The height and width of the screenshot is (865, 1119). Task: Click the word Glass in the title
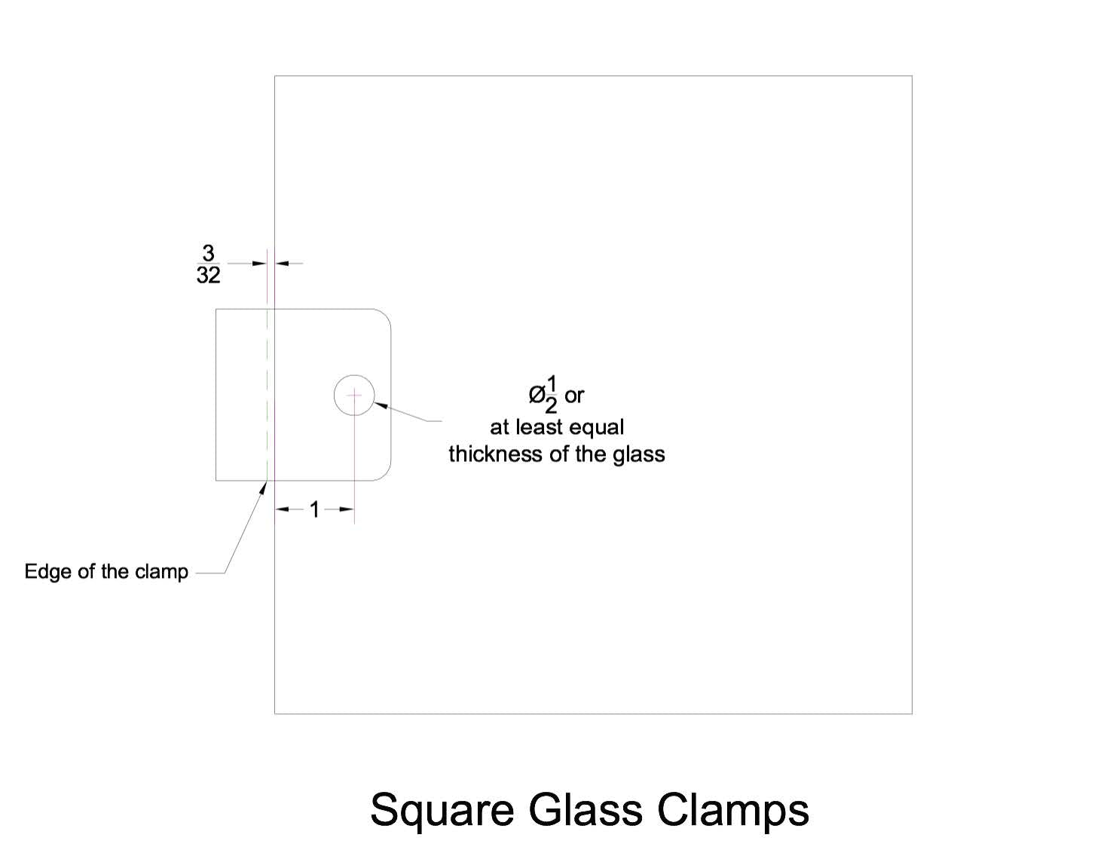click(585, 809)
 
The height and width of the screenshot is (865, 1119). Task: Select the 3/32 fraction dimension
click(208, 264)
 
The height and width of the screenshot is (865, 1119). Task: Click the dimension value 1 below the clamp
click(315, 509)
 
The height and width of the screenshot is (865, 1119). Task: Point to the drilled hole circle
click(335, 396)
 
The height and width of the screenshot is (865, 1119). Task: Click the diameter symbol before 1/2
click(536, 396)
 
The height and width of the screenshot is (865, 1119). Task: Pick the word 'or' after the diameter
click(574, 396)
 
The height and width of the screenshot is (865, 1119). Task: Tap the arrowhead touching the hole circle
click(379, 405)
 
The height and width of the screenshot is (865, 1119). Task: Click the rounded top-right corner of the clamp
click(385, 315)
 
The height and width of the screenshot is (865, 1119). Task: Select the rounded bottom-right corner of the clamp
click(385, 475)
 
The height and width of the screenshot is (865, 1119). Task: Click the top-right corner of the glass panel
click(912, 76)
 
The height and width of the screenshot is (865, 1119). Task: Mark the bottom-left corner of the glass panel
click(274, 714)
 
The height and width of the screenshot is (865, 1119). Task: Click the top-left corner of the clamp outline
click(216, 309)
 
